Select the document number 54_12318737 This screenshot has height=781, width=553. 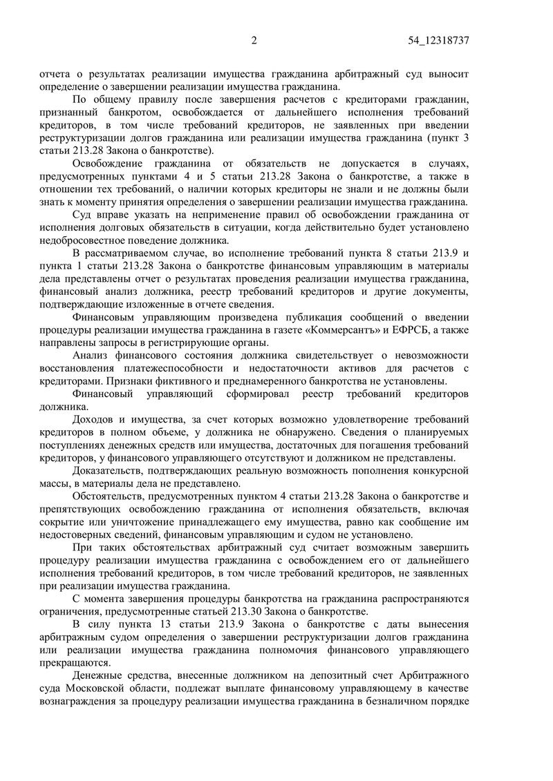click(439, 41)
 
